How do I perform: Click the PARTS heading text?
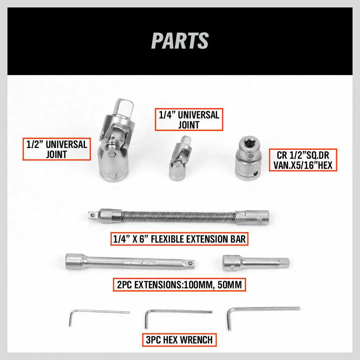click(x=180, y=40)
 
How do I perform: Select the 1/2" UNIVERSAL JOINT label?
click(x=57, y=149)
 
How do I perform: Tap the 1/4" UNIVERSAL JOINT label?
click(x=189, y=120)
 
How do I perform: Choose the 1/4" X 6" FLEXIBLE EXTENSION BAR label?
click(x=179, y=239)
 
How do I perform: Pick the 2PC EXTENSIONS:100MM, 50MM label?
click(x=179, y=285)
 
